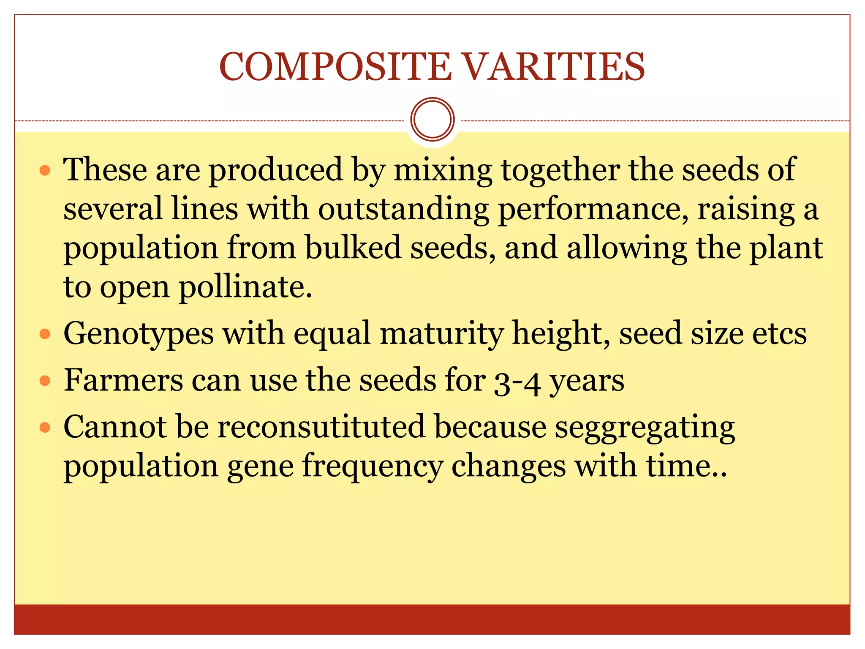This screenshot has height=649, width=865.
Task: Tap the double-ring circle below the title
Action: click(x=432, y=119)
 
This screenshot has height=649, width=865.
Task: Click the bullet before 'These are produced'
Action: click(x=45, y=171)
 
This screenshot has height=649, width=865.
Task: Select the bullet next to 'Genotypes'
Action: click(x=45, y=335)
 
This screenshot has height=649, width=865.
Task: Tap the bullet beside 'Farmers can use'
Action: click(x=45, y=381)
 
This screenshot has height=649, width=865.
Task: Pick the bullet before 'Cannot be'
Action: click(x=45, y=428)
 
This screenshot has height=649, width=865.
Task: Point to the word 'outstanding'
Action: click(x=403, y=209)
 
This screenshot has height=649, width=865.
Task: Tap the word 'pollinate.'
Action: click(x=245, y=287)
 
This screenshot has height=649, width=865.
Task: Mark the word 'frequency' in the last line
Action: click(x=373, y=466)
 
